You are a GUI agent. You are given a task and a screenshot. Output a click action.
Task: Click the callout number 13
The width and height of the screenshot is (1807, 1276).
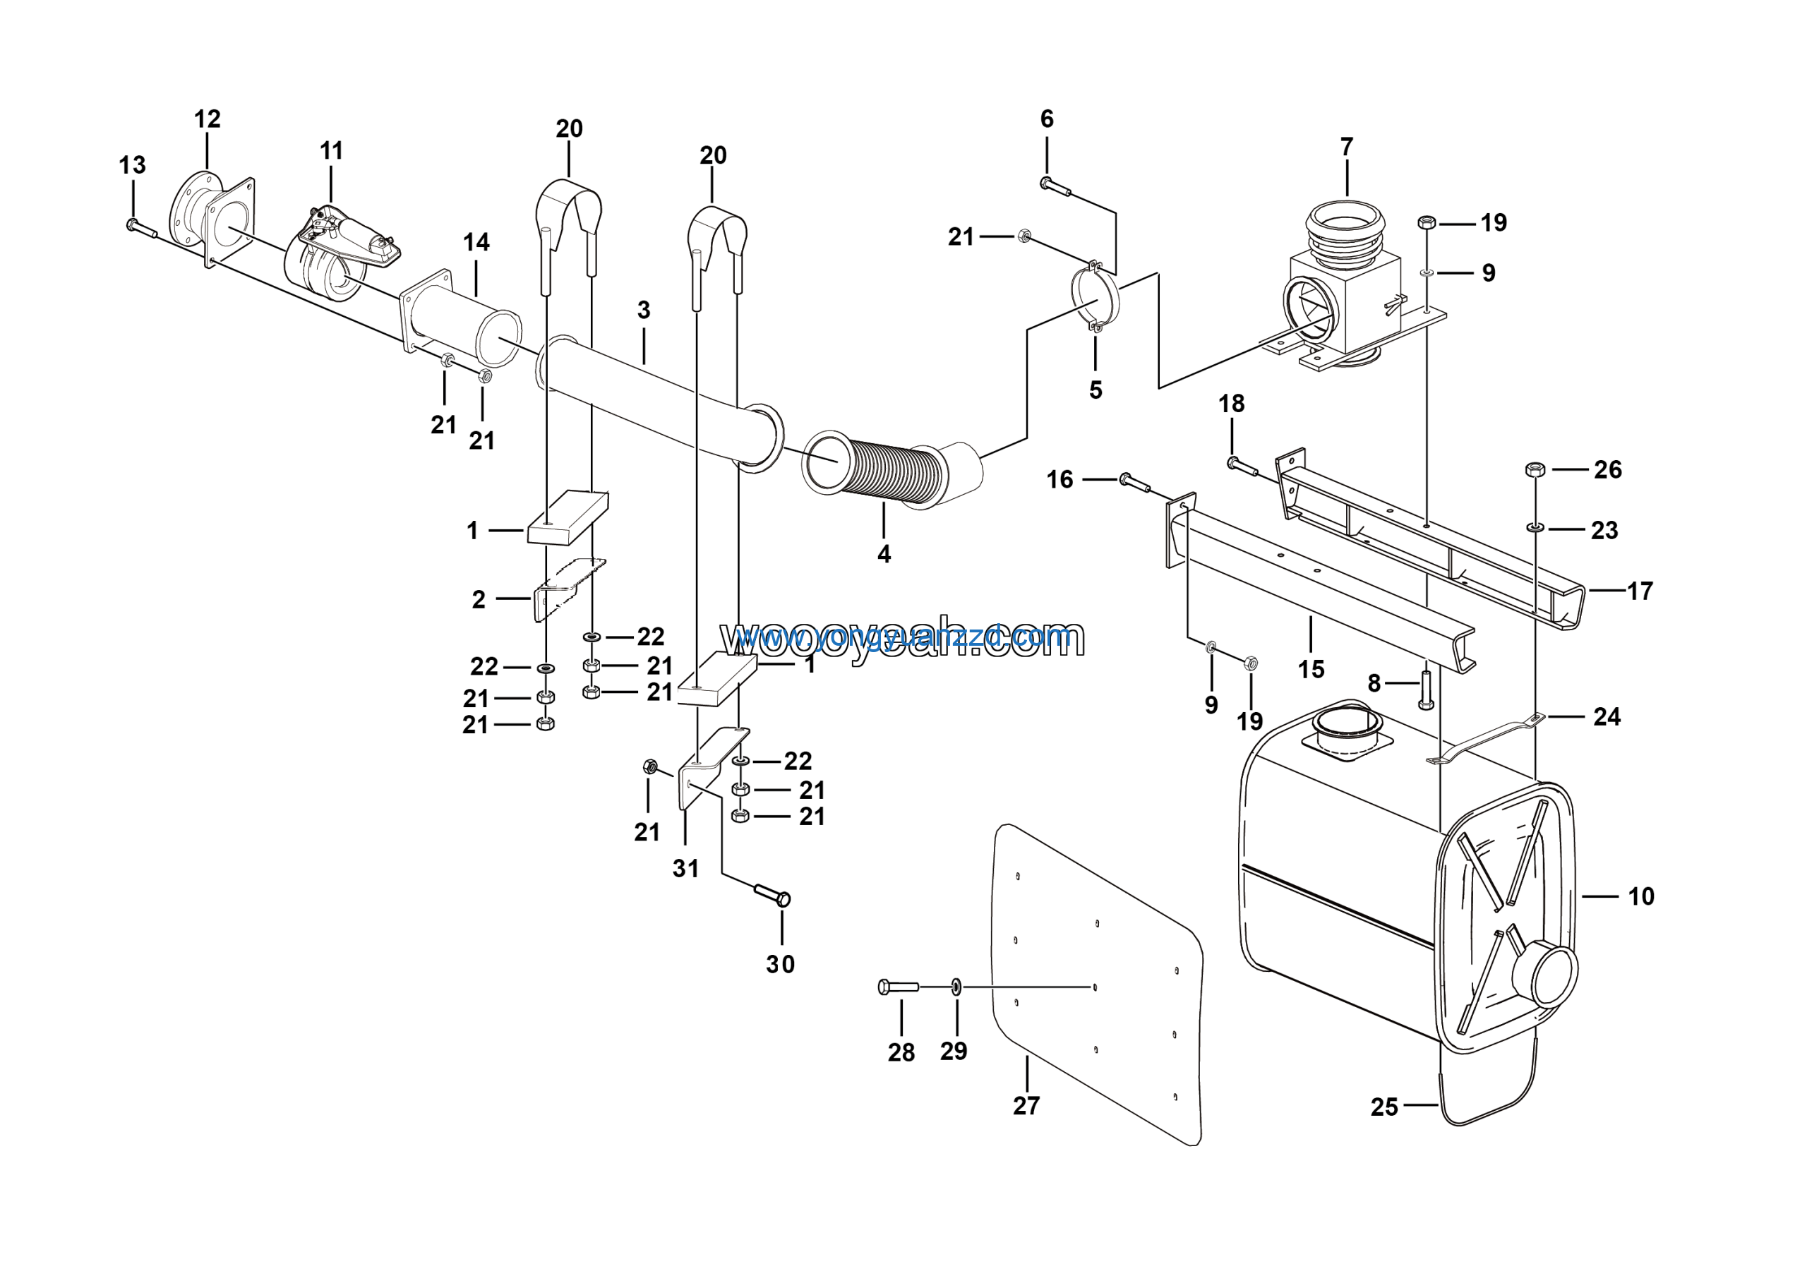click(132, 165)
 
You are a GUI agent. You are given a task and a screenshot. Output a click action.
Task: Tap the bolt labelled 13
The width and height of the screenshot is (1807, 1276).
click(141, 229)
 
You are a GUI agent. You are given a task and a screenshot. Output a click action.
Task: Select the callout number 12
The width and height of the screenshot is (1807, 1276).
click(207, 119)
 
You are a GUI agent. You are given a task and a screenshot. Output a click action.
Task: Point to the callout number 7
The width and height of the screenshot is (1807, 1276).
click(1347, 147)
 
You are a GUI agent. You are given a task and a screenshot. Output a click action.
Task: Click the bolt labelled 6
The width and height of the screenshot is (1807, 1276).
click(1055, 186)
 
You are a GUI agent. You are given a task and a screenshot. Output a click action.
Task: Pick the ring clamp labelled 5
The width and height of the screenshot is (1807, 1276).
click(1095, 299)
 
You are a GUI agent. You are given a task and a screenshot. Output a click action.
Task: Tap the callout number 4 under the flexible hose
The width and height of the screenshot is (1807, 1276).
click(884, 555)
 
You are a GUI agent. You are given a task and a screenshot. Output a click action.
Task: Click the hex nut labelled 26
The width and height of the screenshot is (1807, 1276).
click(1535, 469)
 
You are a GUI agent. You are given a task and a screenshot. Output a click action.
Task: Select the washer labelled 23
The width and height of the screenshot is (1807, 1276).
click(1535, 526)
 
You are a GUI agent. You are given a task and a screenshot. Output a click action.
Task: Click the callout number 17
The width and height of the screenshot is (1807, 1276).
click(1640, 591)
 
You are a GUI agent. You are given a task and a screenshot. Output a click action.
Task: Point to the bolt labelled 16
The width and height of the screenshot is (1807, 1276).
click(1134, 481)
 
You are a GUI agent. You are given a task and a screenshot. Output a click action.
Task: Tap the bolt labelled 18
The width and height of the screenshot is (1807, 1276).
click(1243, 466)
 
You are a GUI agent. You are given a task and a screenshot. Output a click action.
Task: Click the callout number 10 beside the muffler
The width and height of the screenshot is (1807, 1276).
click(1641, 896)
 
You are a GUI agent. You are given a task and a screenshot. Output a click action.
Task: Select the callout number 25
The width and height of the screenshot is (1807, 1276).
click(1384, 1107)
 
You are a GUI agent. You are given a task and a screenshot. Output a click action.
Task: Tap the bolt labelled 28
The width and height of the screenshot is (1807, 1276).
click(898, 987)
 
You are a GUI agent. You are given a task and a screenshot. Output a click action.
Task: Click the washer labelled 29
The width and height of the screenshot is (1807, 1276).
click(956, 986)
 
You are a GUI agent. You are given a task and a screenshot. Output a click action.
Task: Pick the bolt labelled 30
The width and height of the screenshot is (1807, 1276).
click(773, 895)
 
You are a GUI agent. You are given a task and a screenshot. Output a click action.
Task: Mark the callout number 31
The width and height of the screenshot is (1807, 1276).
click(685, 869)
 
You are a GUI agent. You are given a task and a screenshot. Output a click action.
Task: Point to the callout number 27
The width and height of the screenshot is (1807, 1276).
click(1026, 1105)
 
